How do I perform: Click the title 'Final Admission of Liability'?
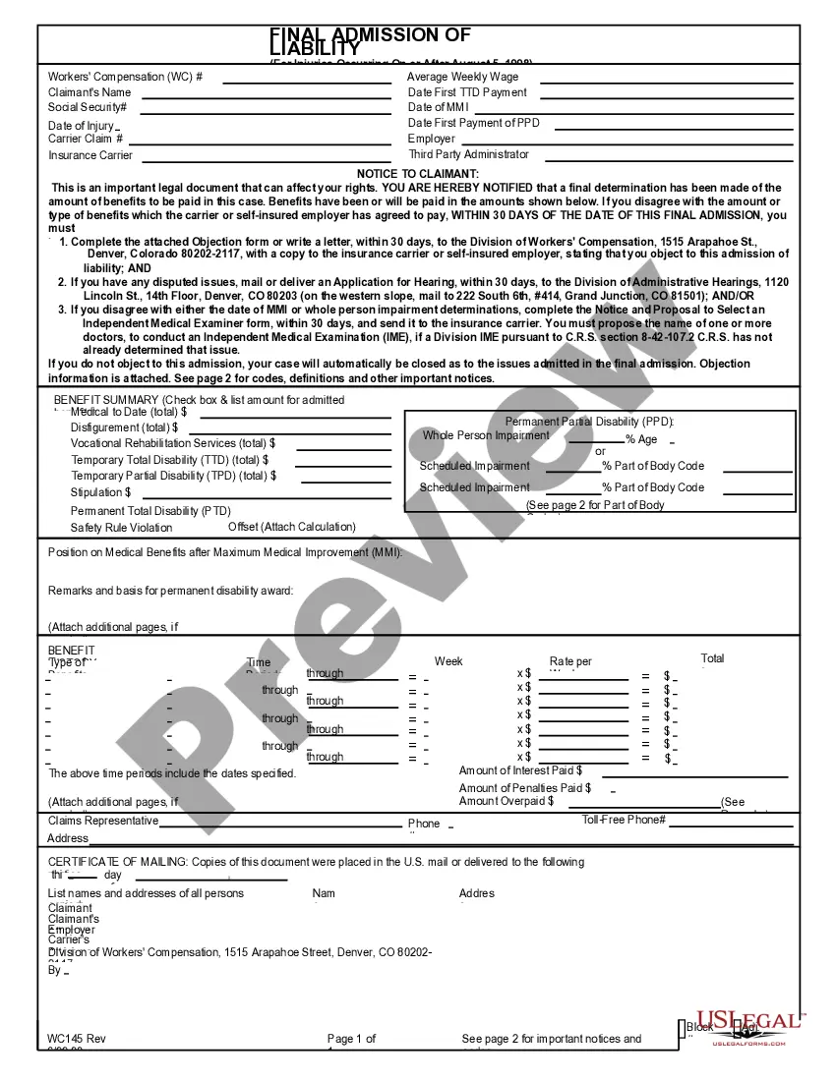coord(370,40)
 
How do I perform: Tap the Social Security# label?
coord(88,107)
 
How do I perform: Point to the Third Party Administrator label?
coord(468,154)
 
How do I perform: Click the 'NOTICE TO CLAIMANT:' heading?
coord(418,174)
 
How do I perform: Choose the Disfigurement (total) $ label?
coord(124,427)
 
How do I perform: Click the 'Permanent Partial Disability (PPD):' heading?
coord(589,422)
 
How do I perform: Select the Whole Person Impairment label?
coord(486,435)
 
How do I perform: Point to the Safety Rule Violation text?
coord(121,528)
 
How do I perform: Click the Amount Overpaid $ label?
coord(507,801)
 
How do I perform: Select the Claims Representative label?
coord(103,821)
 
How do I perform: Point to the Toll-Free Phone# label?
coord(624,820)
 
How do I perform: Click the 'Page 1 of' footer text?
coord(351,1039)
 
